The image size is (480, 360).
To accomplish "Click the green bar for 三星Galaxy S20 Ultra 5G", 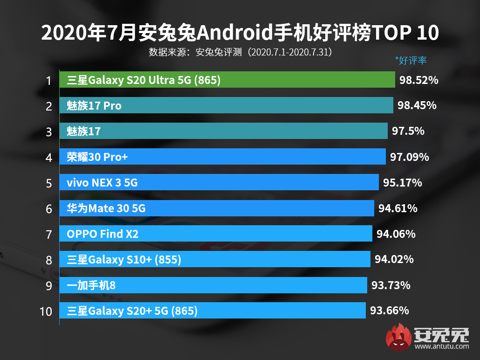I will point(227,80).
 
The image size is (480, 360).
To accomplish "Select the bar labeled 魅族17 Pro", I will point(226,106).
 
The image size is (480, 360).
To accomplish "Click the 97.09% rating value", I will point(409,157).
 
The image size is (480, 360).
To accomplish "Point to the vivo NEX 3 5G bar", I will point(219,182).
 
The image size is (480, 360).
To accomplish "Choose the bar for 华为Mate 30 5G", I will point(217,208).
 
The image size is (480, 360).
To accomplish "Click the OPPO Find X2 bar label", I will point(103,234).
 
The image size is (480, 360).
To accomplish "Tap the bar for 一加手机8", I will point(213,284).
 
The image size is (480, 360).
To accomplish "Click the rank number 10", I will point(46,311).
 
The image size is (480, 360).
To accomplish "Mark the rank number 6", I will point(48,208).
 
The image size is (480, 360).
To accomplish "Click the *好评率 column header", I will point(411,60).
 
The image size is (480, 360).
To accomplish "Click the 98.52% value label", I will point(418,80).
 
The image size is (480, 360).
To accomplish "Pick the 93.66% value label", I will point(389,310).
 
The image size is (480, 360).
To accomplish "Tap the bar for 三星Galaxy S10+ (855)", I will point(215,259).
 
